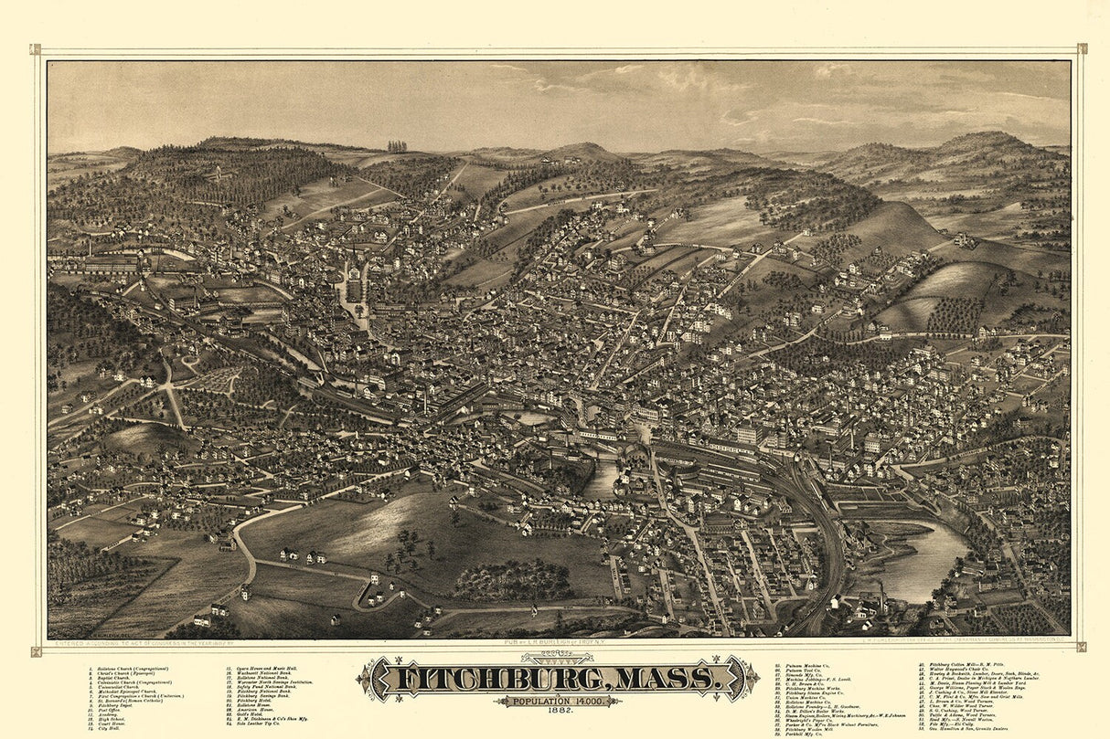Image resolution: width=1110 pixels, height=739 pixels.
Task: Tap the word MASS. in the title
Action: tap(668, 679)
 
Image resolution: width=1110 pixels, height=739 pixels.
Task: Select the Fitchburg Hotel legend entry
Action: tap(257, 701)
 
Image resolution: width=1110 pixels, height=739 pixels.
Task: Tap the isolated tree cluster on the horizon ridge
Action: tap(397, 145)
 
